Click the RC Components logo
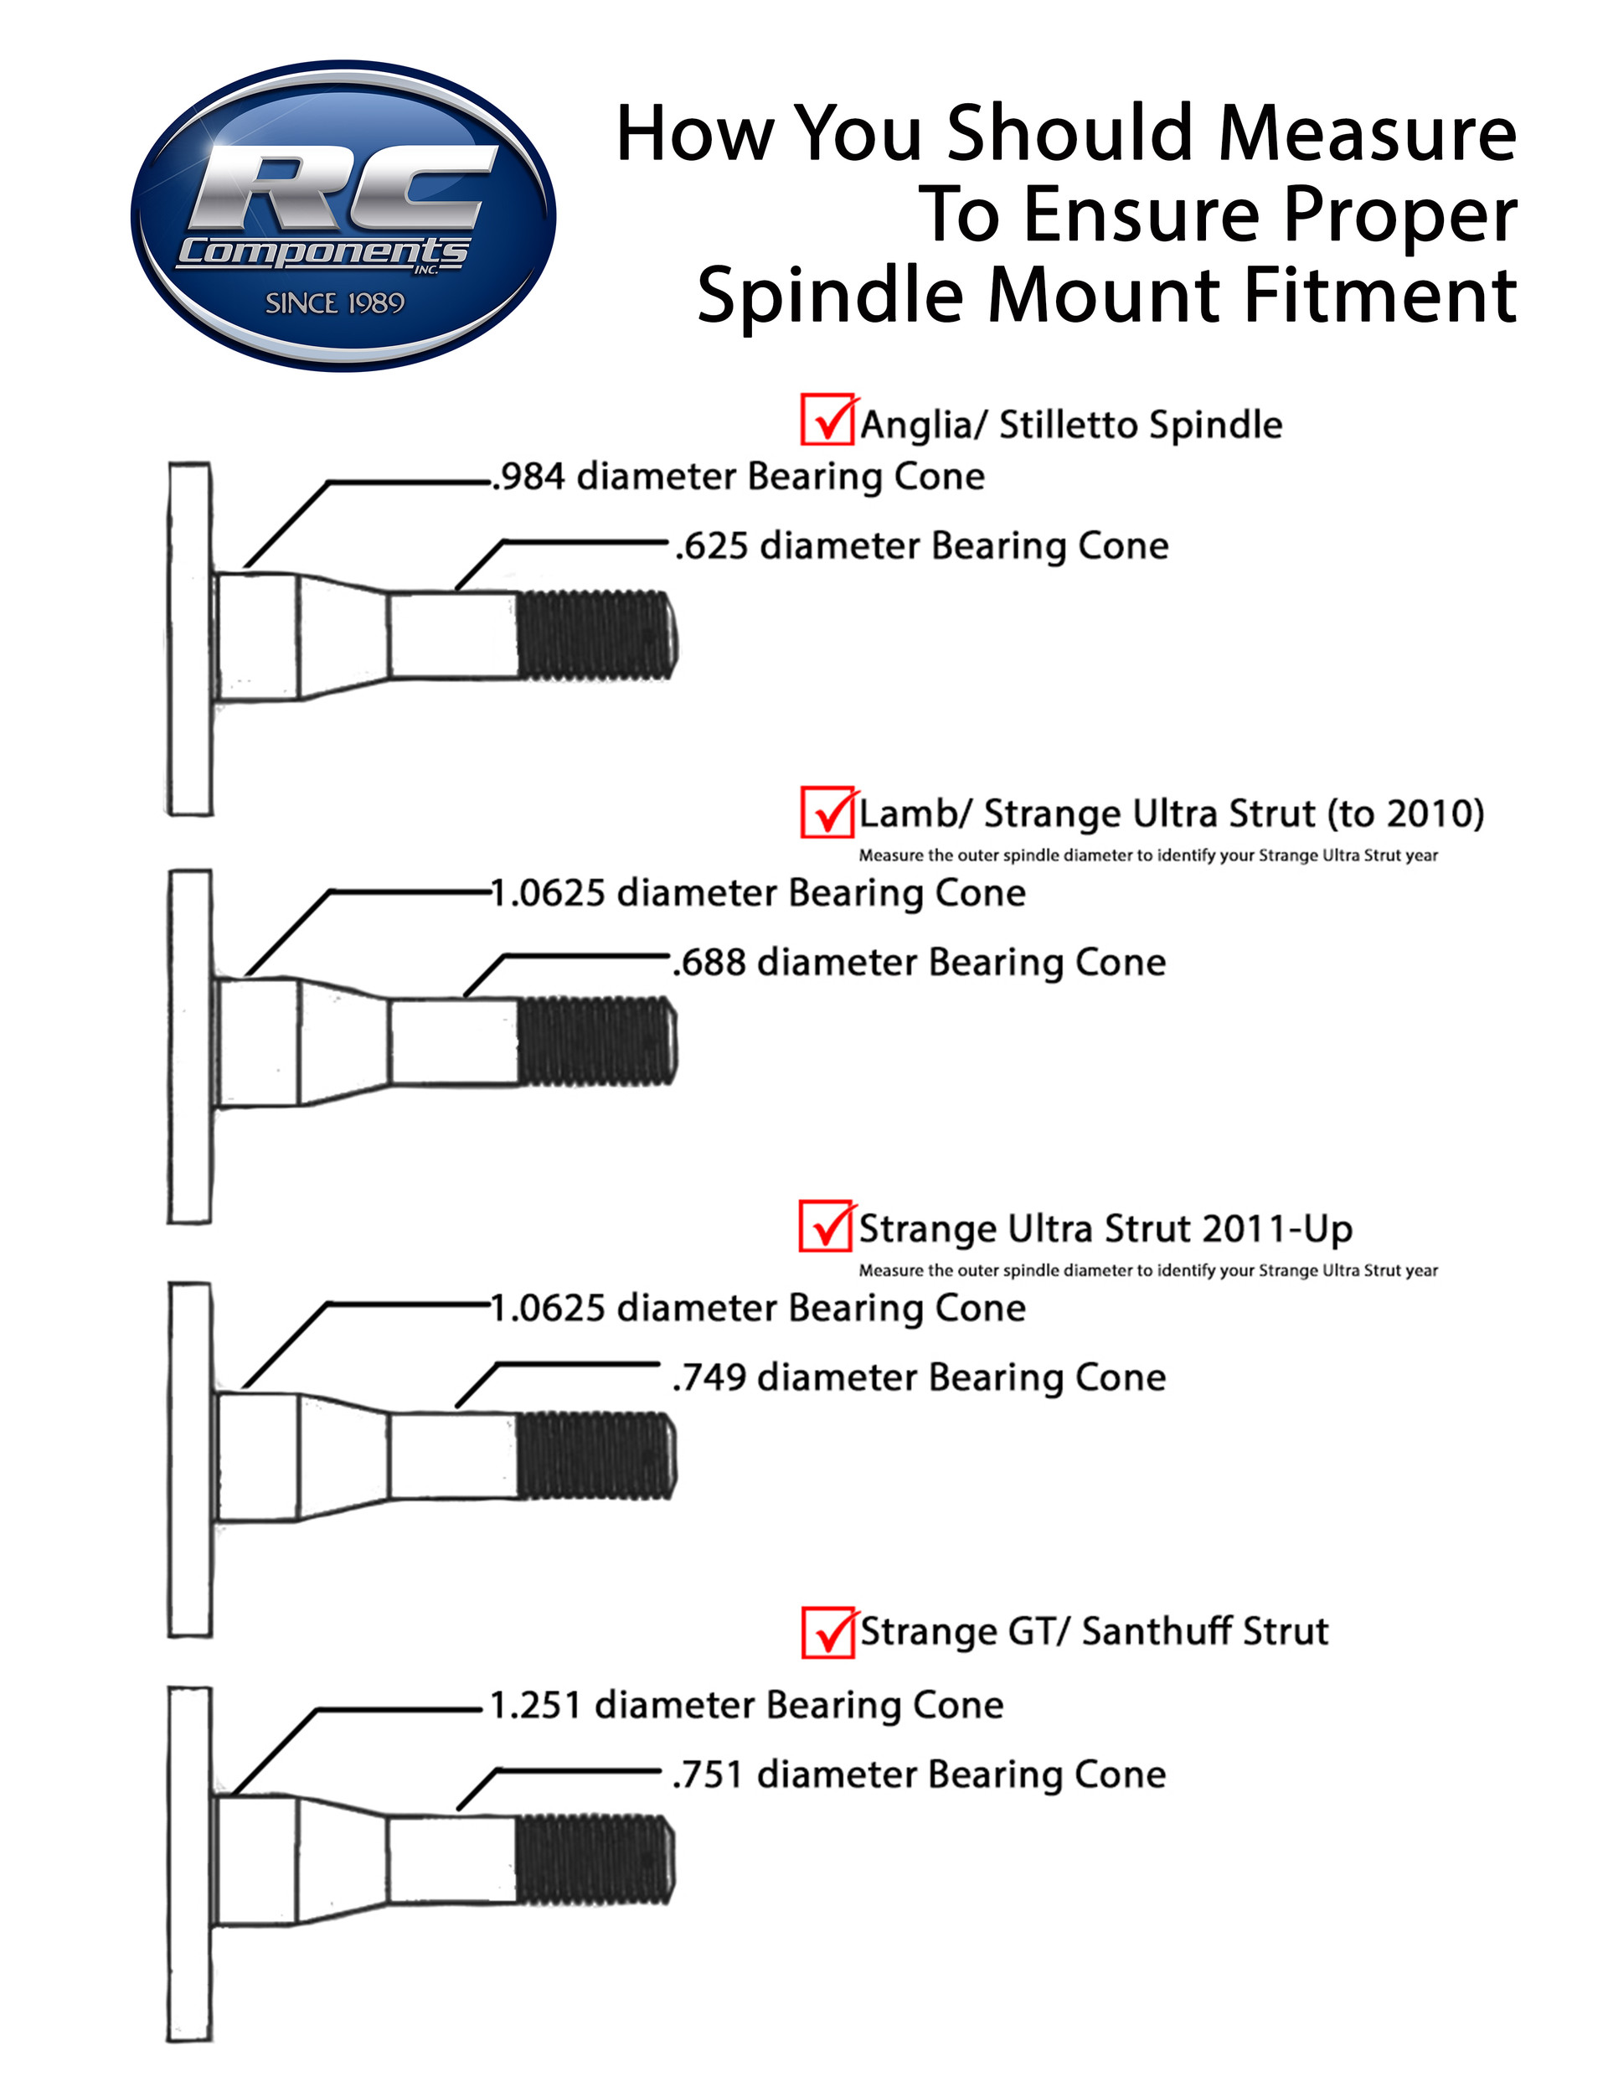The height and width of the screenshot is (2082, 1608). click(x=343, y=215)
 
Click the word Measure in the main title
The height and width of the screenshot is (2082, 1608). click(x=1367, y=132)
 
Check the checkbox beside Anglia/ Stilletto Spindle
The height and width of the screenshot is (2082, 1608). click(x=827, y=420)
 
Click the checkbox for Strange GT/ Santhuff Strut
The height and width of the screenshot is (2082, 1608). click(x=827, y=1633)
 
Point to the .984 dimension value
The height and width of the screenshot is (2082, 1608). click(x=529, y=477)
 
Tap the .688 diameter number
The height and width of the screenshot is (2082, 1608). click(x=709, y=963)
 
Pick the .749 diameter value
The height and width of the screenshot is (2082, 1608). click(x=709, y=1378)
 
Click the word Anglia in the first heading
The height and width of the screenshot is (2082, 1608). click(x=917, y=424)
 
